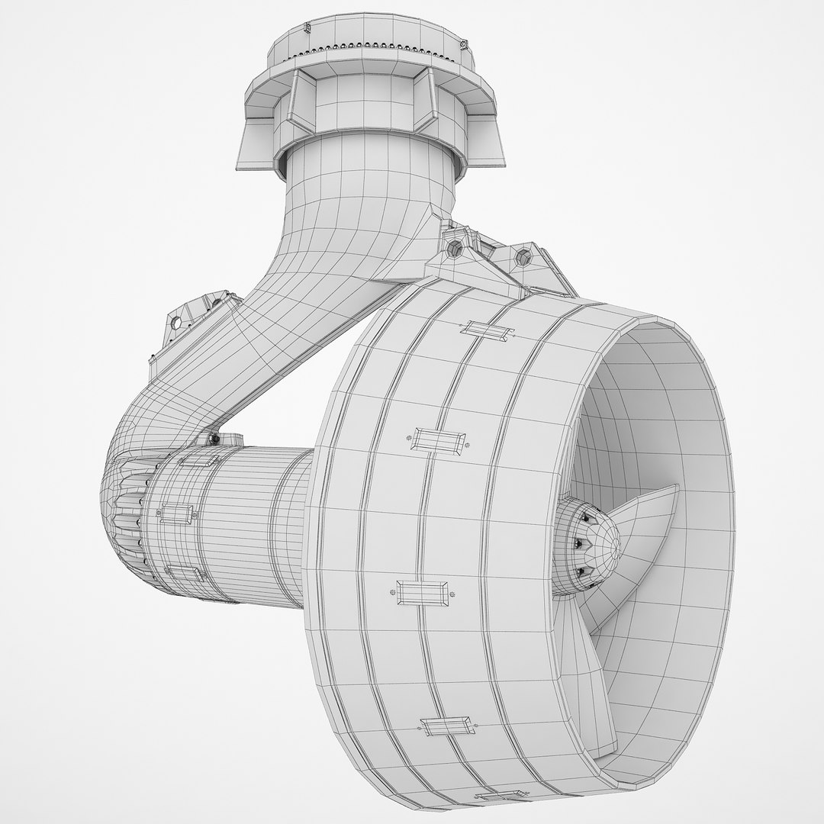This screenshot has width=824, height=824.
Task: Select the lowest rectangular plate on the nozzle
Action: tap(448, 726)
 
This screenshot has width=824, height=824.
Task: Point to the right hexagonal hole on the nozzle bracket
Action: tap(525, 256)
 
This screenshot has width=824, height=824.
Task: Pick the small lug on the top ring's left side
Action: tap(306, 28)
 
